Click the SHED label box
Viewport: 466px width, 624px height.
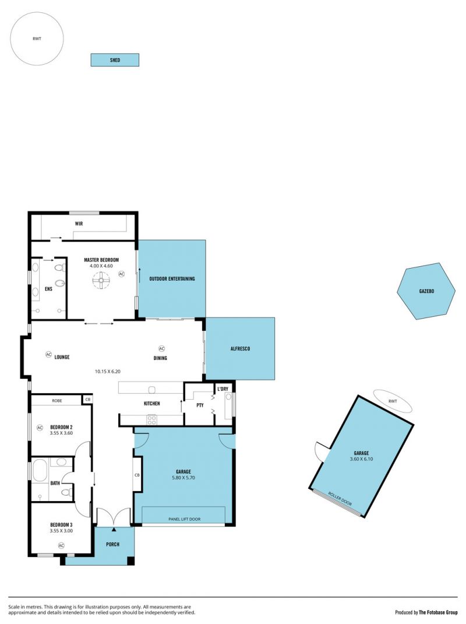coord(115,60)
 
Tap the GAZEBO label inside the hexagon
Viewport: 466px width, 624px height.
coord(426,291)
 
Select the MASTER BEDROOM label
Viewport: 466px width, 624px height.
coord(101,260)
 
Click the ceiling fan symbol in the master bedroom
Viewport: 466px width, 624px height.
coord(101,280)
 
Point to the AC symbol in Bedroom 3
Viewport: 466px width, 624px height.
coord(61,545)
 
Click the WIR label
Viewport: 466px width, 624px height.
coord(79,224)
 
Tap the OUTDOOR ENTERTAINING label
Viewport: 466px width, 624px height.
coord(172,279)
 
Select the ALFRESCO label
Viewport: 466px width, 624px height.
coord(241,348)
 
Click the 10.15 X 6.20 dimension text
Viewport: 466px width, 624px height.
coord(107,371)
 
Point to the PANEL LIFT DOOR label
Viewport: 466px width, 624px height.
coord(184,519)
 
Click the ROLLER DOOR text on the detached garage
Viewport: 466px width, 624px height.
coord(340,498)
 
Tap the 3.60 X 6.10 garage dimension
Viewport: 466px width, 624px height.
coord(361,459)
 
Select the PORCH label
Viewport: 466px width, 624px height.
coord(112,544)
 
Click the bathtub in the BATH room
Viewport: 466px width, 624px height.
coord(40,470)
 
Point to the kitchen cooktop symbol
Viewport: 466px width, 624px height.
coord(151,419)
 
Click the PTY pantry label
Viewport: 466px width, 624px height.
coord(200,405)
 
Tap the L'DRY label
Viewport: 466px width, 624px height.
coord(223,389)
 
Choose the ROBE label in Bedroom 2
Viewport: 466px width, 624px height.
coord(57,401)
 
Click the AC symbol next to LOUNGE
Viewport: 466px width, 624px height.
coord(48,354)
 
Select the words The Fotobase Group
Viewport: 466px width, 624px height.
coord(438,612)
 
